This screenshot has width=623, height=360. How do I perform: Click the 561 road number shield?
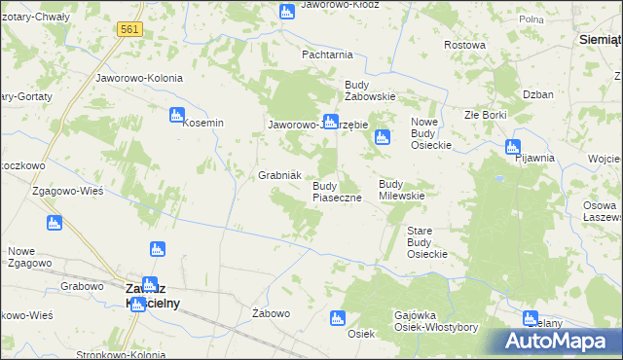129,30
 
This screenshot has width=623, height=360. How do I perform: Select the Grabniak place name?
283,175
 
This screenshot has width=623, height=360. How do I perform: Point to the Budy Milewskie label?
404,189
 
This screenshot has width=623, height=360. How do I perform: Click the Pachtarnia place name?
327,55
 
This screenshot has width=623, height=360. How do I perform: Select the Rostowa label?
464,46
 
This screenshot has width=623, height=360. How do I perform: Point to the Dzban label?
537,95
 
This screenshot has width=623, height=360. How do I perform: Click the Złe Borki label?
485,115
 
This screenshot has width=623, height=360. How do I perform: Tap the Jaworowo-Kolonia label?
137,77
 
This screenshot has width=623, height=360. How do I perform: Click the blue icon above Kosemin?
177,114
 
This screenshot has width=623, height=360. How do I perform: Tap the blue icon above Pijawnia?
512,147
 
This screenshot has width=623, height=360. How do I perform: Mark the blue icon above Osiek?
337,317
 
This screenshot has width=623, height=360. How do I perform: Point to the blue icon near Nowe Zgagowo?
54,223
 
